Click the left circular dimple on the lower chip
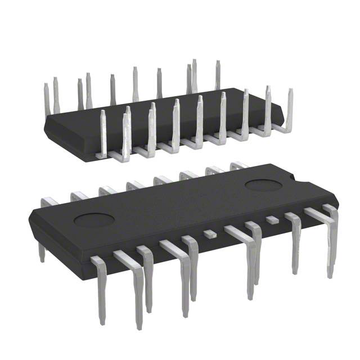pyautogui.click(x=91, y=219)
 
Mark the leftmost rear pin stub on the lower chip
pyautogui.click(x=51, y=201)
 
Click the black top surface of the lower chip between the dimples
pyautogui.click(x=180, y=202)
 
